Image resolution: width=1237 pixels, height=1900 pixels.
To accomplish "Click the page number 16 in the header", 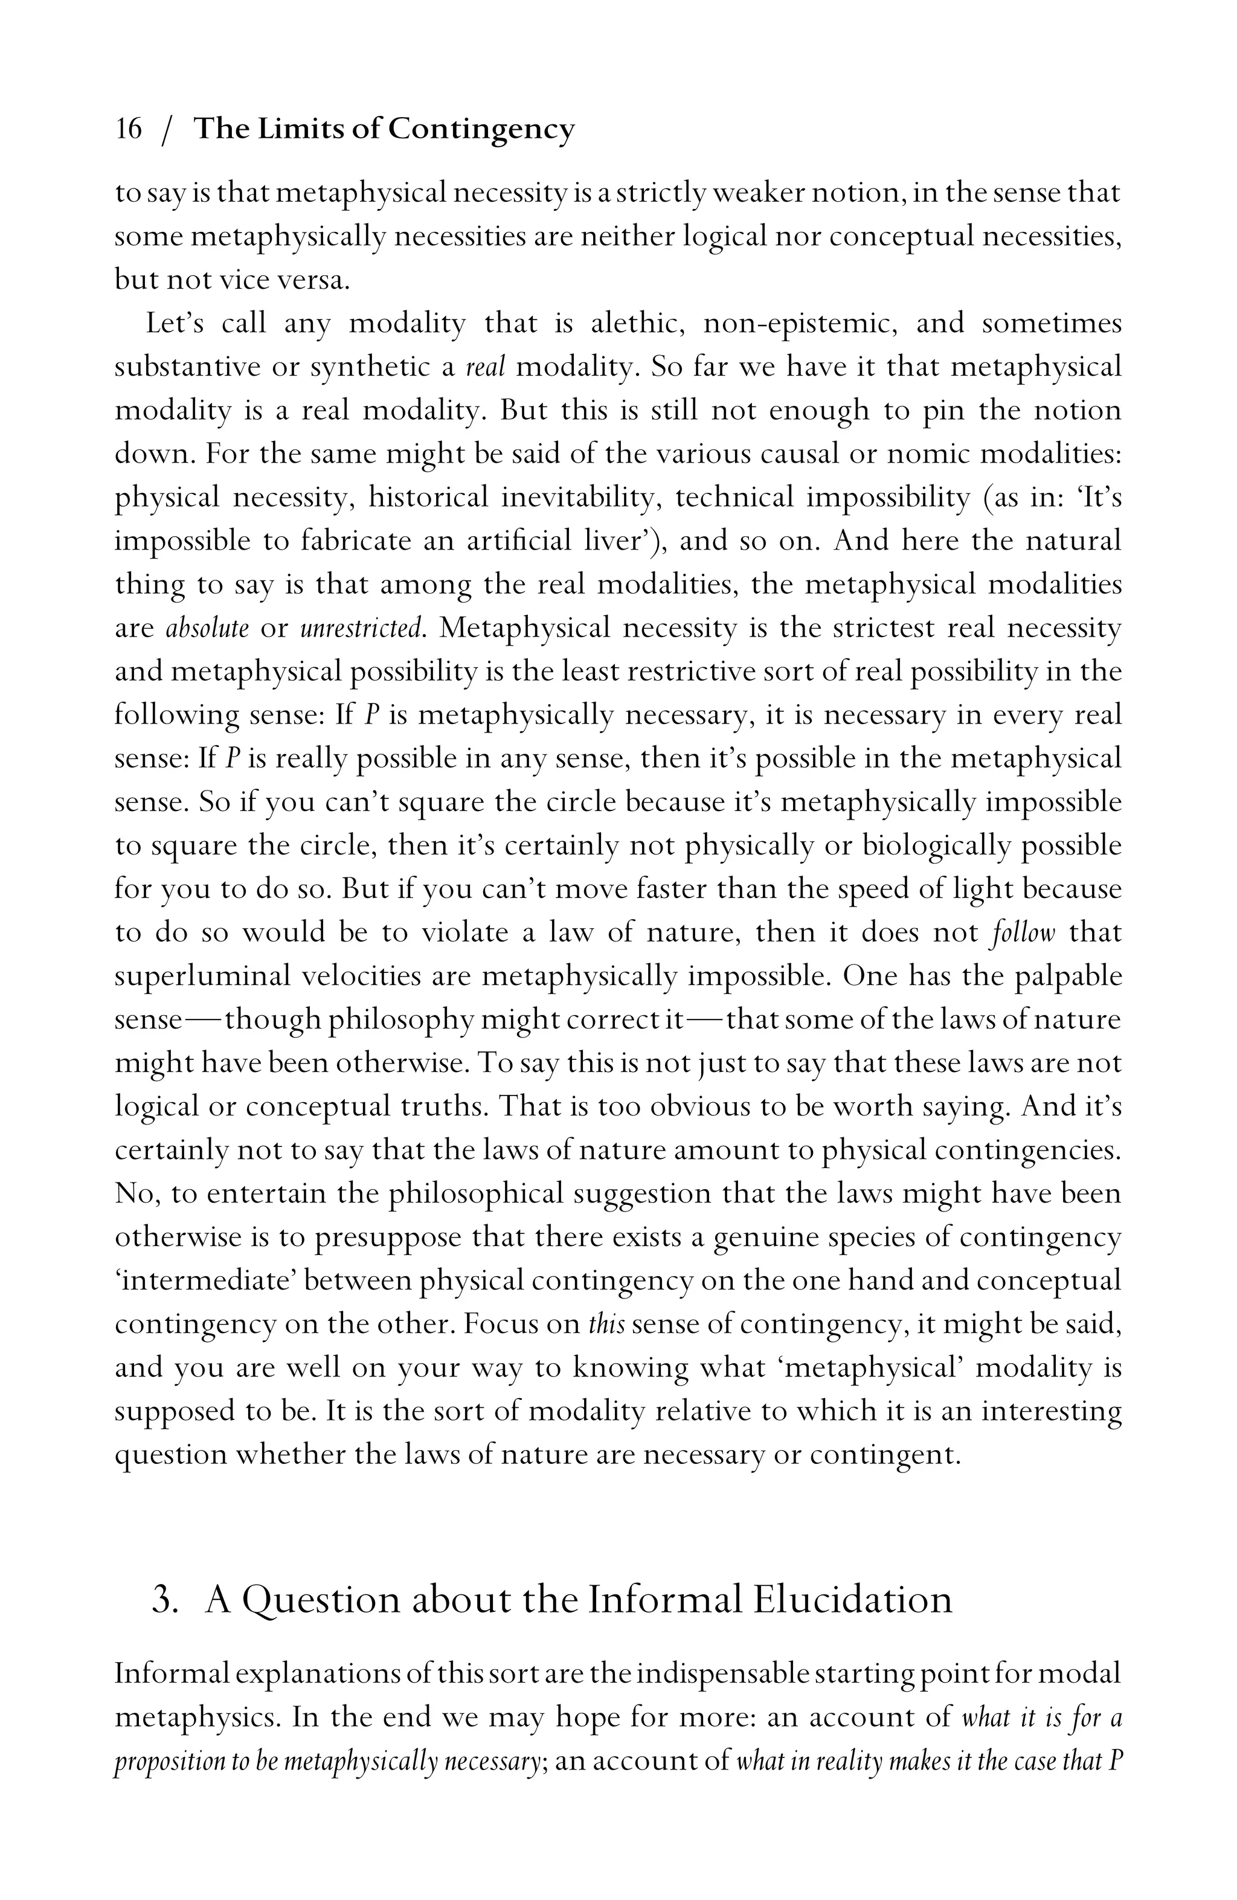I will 129,129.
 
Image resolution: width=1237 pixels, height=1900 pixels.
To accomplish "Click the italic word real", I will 486,367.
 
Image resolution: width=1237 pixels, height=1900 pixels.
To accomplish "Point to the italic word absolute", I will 208,628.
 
